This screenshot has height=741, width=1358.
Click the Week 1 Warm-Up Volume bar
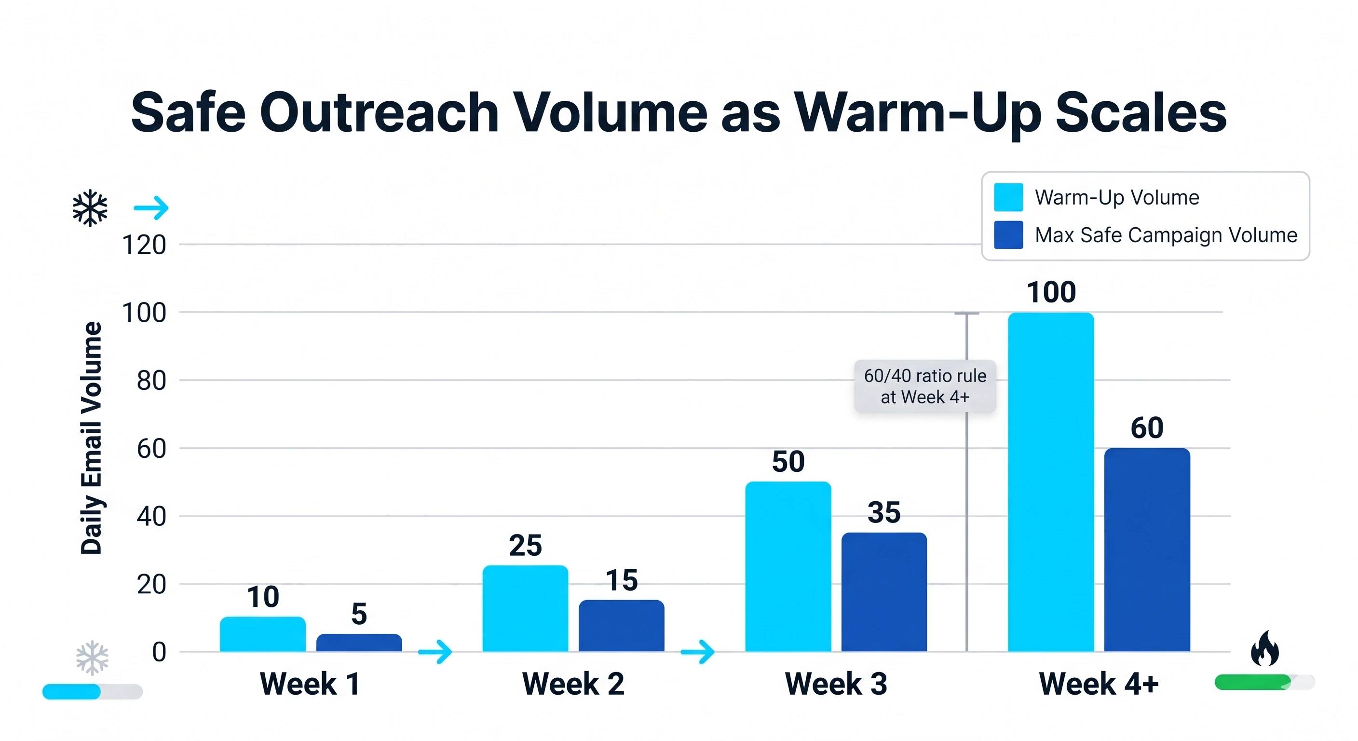[x=262, y=634]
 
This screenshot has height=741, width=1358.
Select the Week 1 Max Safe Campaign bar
[x=359, y=643]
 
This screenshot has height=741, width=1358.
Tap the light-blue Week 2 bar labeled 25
[x=525, y=609]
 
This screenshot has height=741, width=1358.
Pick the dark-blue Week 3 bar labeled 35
[x=884, y=592]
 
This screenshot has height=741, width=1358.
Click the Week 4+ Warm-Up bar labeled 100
[x=1051, y=482]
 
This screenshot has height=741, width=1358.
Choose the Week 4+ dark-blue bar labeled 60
[x=1147, y=550]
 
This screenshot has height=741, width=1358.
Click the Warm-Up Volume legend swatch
[x=1008, y=197]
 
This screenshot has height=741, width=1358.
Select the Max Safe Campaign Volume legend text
[x=1166, y=235]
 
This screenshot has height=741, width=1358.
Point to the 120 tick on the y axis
[x=144, y=245]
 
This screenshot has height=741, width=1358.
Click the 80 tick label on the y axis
[x=151, y=381]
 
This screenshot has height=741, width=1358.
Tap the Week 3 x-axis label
[x=836, y=684]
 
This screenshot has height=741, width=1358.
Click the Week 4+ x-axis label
[x=1099, y=684]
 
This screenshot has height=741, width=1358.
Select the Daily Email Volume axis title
[x=91, y=438]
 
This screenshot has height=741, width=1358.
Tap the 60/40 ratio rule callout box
[x=925, y=386]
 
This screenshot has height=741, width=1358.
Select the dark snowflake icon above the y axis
[x=90, y=208]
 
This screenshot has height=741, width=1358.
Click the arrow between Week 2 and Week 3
[x=697, y=652]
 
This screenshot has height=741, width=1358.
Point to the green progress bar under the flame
[x=1253, y=682]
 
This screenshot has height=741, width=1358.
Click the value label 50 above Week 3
[x=788, y=462]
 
